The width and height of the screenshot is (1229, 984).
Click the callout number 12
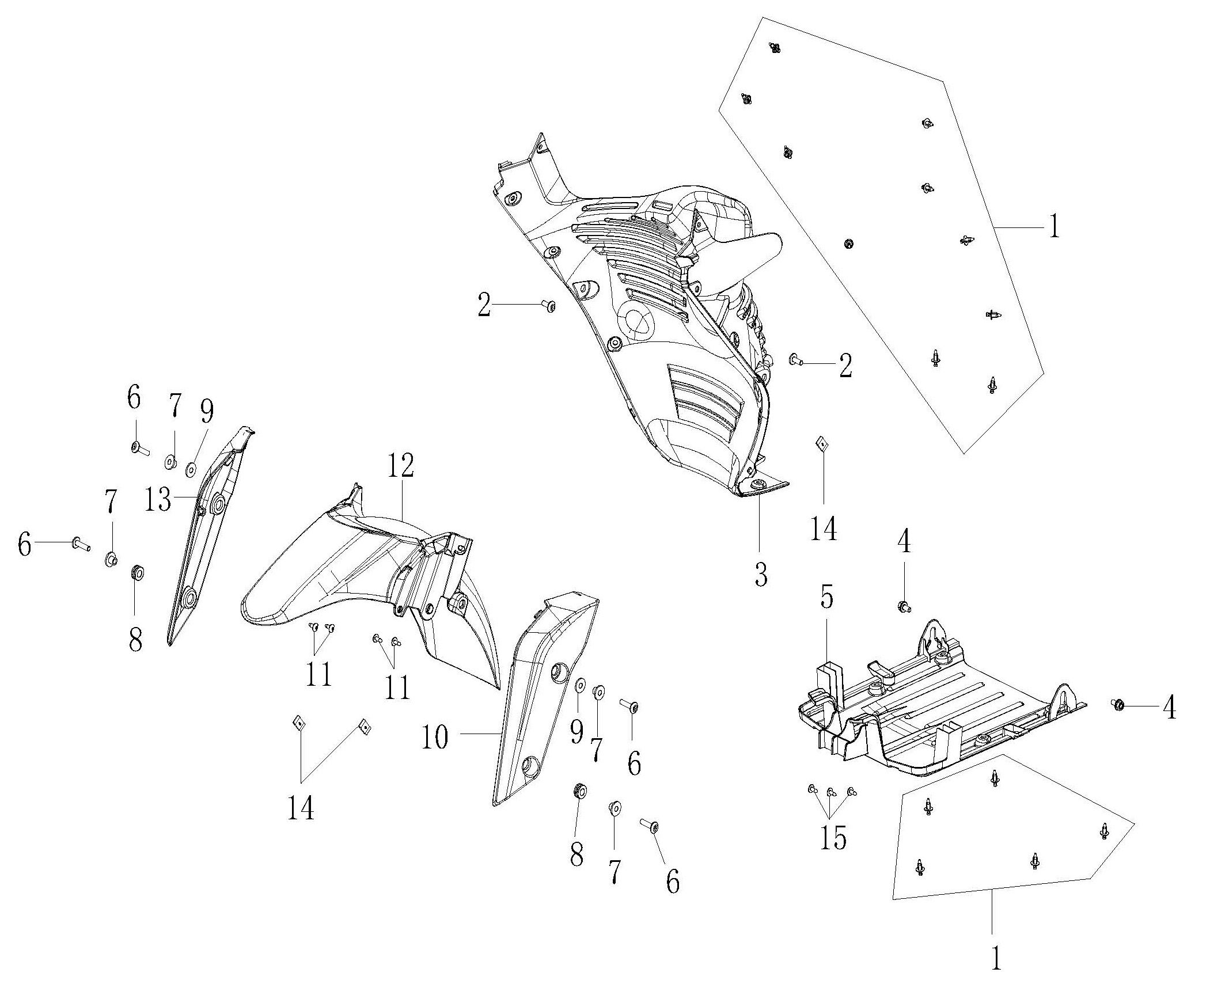[x=400, y=466]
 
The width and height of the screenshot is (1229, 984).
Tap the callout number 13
[x=157, y=500]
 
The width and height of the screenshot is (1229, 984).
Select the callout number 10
[x=435, y=737]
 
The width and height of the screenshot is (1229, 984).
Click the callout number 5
[x=826, y=599]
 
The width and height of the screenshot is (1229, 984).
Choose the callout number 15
[x=833, y=838]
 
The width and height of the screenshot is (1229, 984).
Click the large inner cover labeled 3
[x=662, y=345]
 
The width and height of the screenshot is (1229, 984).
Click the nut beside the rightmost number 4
[x=1117, y=704]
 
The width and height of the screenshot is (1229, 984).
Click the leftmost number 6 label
[x=24, y=544]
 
